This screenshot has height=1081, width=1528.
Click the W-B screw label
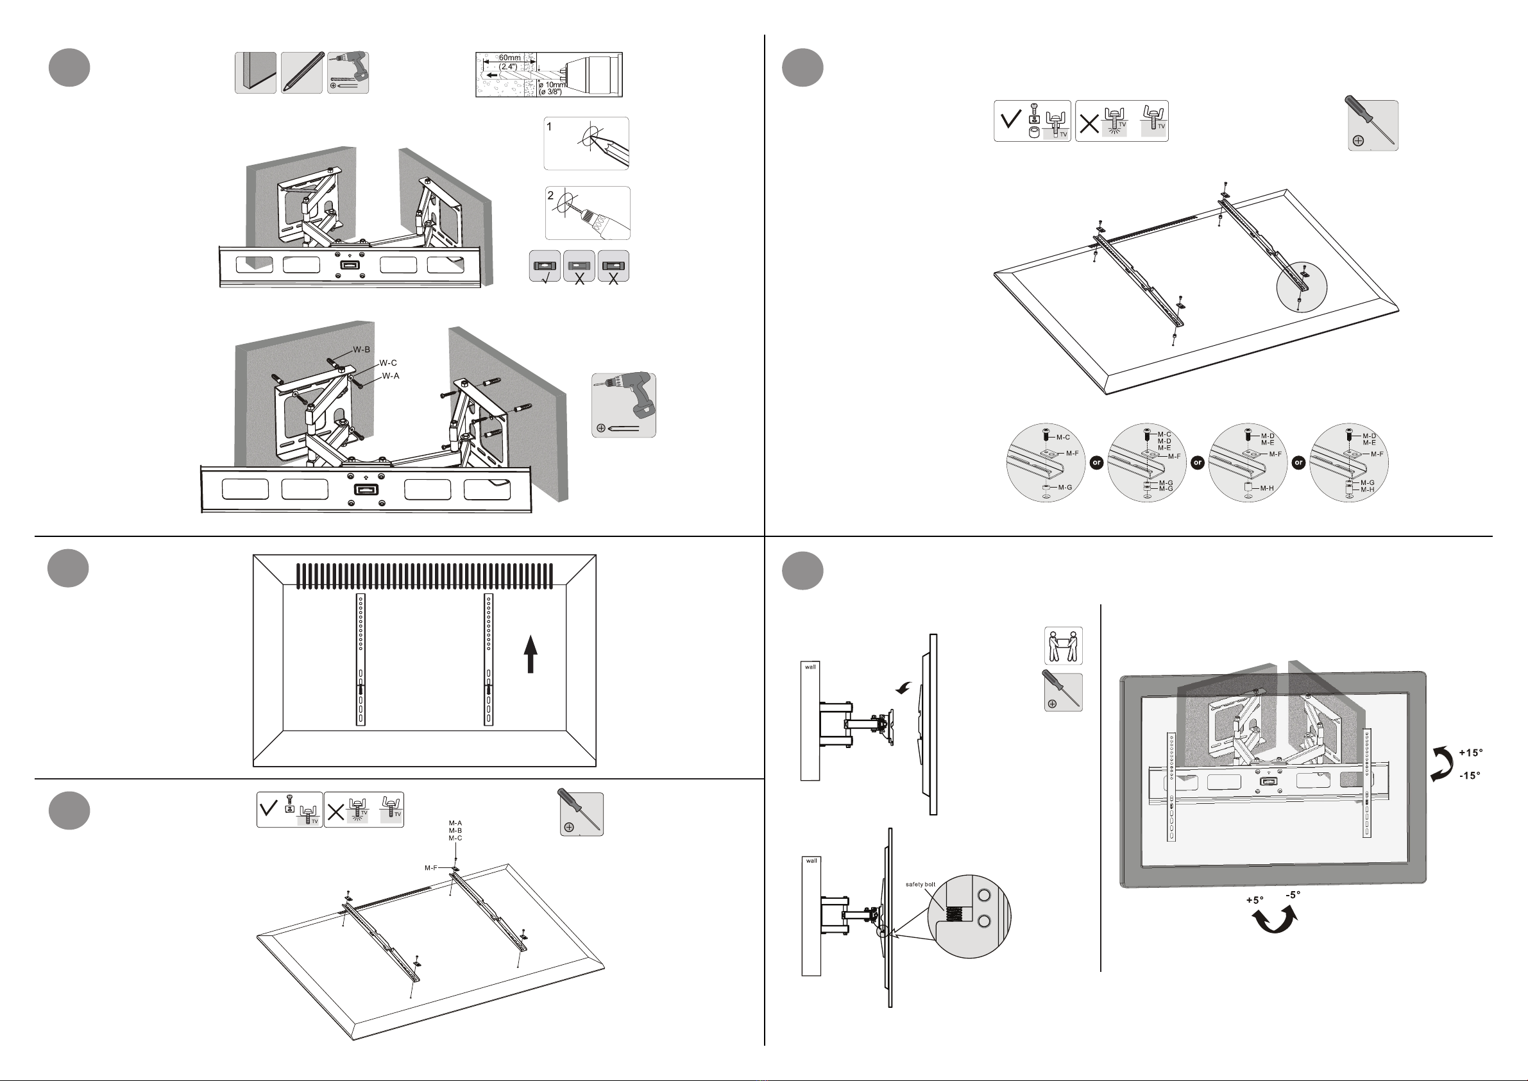tap(361, 350)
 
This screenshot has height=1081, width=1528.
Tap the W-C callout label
tap(388, 362)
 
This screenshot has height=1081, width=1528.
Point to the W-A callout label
tap(391, 376)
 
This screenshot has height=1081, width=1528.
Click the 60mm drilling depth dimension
tap(510, 58)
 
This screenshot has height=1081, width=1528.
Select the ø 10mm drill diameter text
tap(553, 85)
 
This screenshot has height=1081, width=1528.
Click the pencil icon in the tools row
tap(301, 72)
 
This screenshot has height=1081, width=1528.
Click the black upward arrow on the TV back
tap(531, 654)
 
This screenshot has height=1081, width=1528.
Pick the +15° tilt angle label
tap(1471, 753)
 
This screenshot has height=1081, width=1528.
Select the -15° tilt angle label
tap(1471, 776)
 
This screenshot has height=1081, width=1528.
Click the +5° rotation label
tap(1255, 900)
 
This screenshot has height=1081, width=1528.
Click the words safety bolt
tap(921, 885)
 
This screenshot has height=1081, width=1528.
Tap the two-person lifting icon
tap(1063, 645)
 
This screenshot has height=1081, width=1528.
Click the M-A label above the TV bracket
tap(455, 823)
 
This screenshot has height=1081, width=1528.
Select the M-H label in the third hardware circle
tap(1267, 489)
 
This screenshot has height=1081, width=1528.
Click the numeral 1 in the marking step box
tap(549, 126)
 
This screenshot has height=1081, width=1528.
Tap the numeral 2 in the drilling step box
tap(550, 196)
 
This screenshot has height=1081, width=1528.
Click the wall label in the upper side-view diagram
tap(810, 667)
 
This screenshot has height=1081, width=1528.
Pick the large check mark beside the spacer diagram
tap(1012, 120)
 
